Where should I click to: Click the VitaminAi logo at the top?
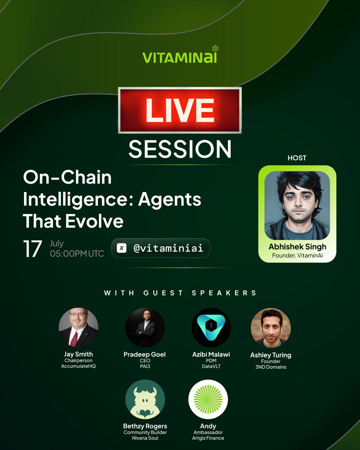[x=180, y=57]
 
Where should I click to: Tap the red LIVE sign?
[x=180, y=110]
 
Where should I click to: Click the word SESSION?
[x=180, y=149]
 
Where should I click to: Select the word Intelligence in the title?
[x=77, y=199]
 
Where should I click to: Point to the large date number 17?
[x=32, y=249]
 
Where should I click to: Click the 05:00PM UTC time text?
[x=77, y=253]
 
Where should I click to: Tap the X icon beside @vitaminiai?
[x=121, y=248]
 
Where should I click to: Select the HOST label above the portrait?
[x=297, y=158]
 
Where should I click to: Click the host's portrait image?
[x=297, y=206]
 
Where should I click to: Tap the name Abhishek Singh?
[x=297, y=247]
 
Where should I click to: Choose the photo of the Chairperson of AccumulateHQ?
[x=78, y=327]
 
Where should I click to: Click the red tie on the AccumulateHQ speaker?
[x=74, y=339]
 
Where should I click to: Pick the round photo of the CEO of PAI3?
[x=145, y=327]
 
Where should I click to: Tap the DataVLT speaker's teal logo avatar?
[x=211, y=327]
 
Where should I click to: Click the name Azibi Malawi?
[x=211, y=354]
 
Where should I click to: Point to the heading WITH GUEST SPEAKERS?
[x=180, y=293]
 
